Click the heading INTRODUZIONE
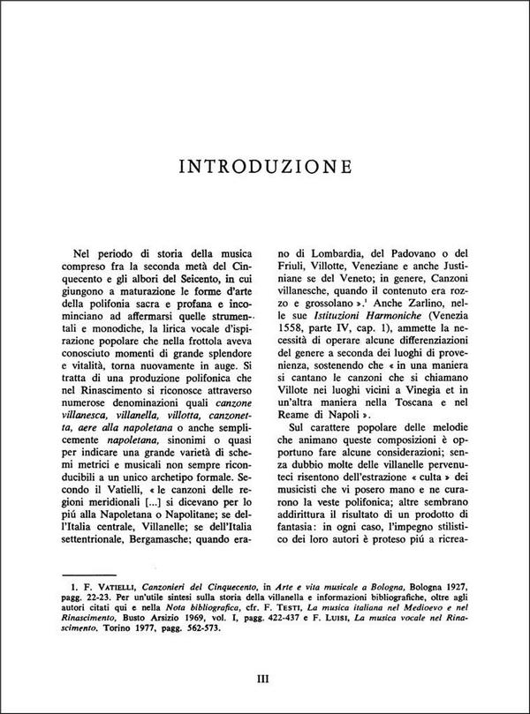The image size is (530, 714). (264, 165)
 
